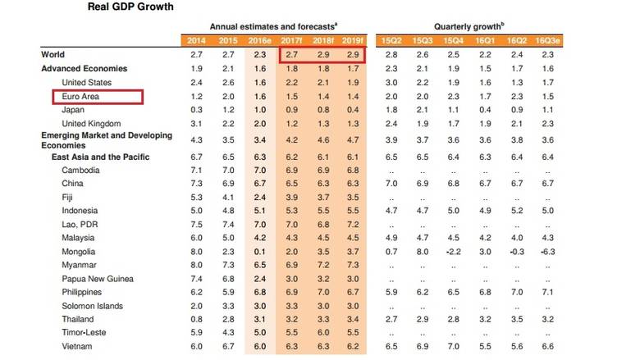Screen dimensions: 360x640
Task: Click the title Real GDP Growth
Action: (130, 7)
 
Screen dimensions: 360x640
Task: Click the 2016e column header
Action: (261, 40)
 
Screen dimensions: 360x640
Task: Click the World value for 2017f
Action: (291, 55)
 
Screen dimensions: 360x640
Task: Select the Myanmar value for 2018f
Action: (322, 264)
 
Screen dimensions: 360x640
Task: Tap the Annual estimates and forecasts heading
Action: (272, 27)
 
